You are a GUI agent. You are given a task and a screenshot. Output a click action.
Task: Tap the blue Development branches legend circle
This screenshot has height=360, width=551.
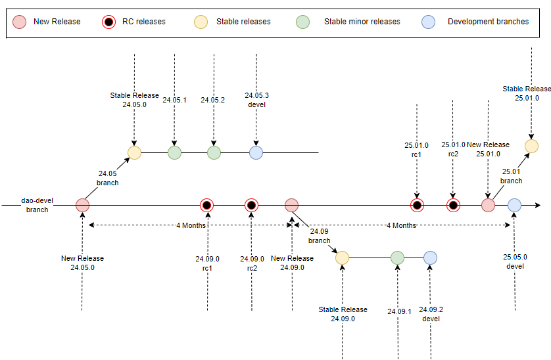click(x=428, y=21)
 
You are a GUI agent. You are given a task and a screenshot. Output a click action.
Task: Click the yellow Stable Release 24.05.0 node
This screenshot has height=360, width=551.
click(x=134, y=152)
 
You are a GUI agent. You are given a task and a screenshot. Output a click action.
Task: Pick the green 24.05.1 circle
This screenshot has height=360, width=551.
click(x=174, y=152)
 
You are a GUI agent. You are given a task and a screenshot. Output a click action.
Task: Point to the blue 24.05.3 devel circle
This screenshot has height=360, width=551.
click(x=256, y=152)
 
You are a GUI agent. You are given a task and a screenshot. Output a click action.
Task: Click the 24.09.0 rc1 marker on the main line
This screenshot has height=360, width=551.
click(x=207, y=205)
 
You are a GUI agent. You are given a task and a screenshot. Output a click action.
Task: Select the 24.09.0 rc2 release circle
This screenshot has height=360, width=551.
click(x=251, y=205)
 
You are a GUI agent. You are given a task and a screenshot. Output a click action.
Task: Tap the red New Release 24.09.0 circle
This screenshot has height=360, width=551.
click(x=291, y=205)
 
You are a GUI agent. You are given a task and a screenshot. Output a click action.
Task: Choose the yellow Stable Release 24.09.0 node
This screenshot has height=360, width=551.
click(x=342, y=258)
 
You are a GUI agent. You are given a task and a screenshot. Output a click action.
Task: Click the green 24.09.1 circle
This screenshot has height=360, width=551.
click(x=397, y=258)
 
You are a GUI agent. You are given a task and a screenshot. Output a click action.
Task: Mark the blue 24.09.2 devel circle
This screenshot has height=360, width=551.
click(x=430, y=258)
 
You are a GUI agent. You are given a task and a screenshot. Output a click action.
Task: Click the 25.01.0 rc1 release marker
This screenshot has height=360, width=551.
click(x=417, y=206)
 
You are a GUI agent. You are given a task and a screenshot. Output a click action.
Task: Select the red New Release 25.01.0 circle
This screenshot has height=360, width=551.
click(x=488, y=206)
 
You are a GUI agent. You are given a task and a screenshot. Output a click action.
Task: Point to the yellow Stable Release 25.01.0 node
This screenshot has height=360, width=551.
click(x=531, y=146)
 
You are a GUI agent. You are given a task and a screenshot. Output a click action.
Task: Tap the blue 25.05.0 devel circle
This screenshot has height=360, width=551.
click(x=514, y=206)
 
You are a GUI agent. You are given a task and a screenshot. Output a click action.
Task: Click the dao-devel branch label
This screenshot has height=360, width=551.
click(x=34, y=206)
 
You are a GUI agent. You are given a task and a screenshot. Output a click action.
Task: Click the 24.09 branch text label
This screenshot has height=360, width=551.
click(x=319, y=236)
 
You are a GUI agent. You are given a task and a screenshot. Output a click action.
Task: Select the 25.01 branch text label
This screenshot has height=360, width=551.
click(x=511, y=176)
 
